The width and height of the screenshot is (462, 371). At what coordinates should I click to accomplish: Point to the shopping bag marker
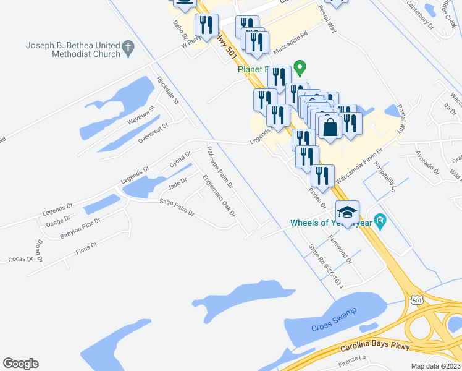point(330,127)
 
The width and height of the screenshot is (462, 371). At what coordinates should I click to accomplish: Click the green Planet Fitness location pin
point(300,66)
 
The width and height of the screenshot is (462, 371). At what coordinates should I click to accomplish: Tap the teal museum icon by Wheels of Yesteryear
point(380,221)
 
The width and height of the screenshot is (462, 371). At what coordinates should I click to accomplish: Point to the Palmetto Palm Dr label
point(220,167)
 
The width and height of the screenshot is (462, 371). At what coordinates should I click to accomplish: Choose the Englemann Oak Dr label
point(219,195)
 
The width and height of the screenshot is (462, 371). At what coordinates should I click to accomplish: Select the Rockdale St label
point(167,90)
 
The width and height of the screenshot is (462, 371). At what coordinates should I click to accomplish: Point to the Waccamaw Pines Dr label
point(359,166)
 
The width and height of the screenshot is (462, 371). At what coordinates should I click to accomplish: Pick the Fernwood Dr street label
point(340,249)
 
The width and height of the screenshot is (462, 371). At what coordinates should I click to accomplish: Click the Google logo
point(20,364)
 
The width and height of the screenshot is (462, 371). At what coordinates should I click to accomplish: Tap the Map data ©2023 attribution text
point(435,366)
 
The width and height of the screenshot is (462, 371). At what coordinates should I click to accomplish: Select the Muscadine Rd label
point(286,41)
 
